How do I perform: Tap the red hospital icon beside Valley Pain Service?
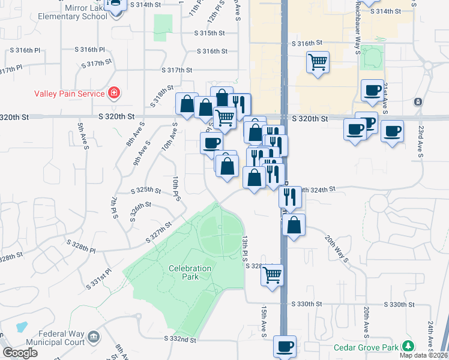coord(113,93)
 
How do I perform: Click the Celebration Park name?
coord(190,272)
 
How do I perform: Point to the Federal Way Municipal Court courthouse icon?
coord(94,337)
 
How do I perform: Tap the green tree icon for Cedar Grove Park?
coord(408,346)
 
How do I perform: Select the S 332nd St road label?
coord(181,339)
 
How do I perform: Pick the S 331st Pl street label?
coord(99,279)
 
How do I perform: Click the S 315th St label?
coord(209,34)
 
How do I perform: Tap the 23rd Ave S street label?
coord(420,142)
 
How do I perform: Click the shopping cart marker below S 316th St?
coord(318,62)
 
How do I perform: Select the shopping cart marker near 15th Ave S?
coord(273,275)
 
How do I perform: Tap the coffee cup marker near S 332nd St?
coord(285,346)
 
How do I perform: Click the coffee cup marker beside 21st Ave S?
coord(372,91)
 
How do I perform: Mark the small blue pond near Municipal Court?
coord(21,328)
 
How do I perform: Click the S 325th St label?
coord(146,190)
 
